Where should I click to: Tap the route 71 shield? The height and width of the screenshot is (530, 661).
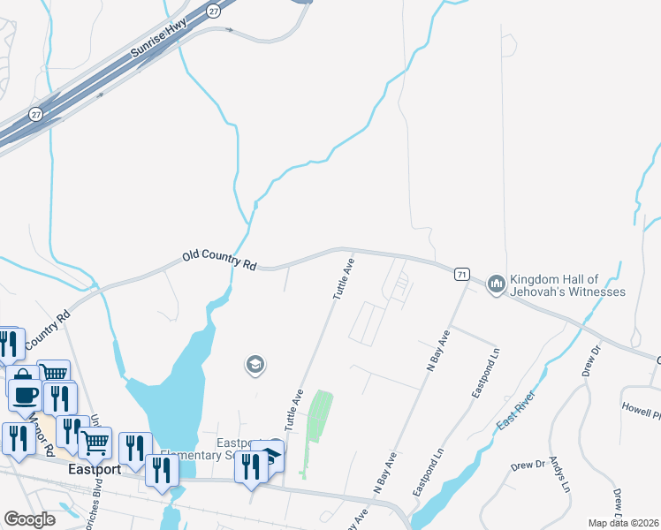point(462,275)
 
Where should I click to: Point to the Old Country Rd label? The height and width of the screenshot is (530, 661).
point(219,260)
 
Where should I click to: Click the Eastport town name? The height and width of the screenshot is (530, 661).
point(94,470)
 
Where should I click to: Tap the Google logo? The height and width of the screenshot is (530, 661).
point(30,519)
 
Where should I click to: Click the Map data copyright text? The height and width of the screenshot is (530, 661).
point(624,523)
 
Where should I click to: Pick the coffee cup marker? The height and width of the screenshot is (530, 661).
point(24,394)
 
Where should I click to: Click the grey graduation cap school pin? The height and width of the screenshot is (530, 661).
point(255,364)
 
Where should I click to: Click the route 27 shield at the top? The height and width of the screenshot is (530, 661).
point(213,10)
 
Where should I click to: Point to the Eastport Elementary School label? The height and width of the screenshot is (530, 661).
point(234,450)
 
